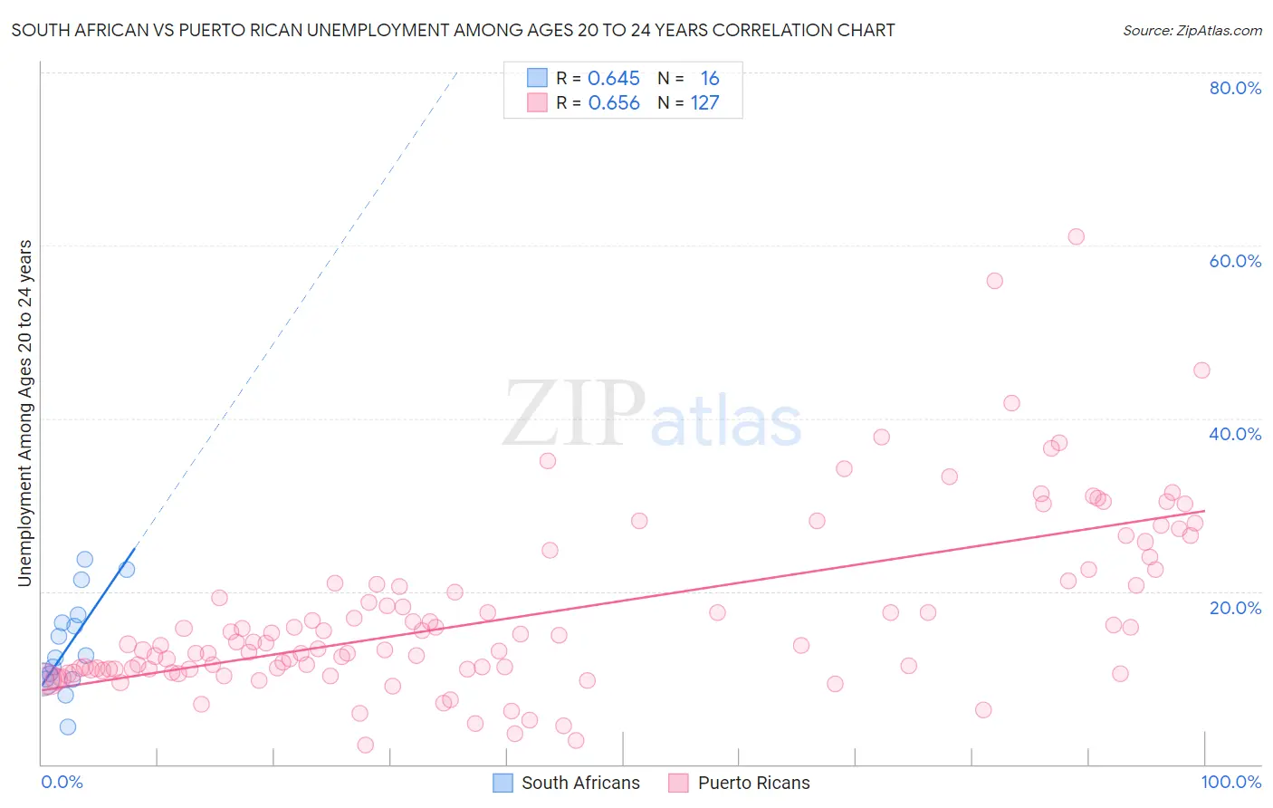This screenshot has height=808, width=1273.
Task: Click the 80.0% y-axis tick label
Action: click(1235, 88)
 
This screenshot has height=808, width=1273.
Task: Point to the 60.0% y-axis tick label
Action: click(1235, 261)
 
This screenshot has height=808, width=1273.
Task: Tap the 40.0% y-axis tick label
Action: click(1235, 434)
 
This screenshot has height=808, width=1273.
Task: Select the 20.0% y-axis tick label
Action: click(1235, 607)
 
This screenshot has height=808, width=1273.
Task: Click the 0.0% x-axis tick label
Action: click(62, 782)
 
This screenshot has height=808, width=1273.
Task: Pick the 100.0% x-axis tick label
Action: click(1230, 782)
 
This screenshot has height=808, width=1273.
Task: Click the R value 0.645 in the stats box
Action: click(614, 79)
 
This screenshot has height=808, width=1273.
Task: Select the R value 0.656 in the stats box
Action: click(614, 103)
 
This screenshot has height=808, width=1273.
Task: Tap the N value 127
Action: click(704, 103)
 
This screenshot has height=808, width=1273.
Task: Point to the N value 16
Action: click(710, 79)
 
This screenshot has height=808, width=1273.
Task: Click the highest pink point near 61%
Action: click(1076, 236)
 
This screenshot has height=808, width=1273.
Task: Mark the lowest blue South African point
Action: click(67, 726)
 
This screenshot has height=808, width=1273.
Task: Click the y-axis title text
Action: click(24, 413)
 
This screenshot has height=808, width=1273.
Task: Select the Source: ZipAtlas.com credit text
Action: click(1192, 31)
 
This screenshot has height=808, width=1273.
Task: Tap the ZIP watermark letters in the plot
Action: click(573, 413)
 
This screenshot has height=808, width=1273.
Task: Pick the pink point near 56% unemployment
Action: click(994, 281)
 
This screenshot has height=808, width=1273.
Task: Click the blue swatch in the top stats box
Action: click(537, 78)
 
